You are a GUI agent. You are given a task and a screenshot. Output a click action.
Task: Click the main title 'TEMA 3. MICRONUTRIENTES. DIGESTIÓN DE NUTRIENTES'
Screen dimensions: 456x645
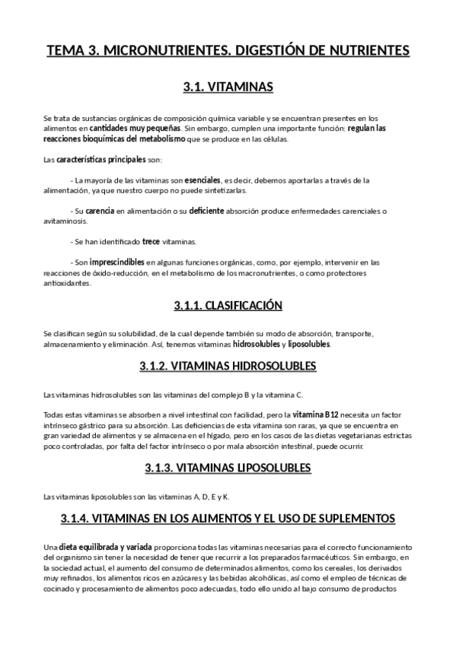pyautogui.click(x=228, y=51)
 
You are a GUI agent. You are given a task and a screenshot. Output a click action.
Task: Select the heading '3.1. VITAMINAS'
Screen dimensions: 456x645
pyautogui.click(x=228, y=87)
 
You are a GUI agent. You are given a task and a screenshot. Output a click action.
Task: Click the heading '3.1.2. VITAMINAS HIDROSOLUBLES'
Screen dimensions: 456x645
pyautogui.click(x=228, y=366)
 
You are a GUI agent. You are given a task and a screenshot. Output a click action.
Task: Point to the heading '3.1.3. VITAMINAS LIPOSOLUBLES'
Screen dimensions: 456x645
pyautogui.click(x=228, y=466)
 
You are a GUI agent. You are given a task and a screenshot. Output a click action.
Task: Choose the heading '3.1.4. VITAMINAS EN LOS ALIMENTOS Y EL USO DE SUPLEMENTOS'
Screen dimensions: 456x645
pyautogui.click(x=228, y=518)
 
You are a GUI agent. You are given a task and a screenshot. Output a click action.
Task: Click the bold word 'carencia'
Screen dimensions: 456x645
pyautogui.click(x=100, y=211)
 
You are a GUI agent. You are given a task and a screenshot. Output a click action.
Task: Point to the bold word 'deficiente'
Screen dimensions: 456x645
pyautogui.click(x=207, y=211)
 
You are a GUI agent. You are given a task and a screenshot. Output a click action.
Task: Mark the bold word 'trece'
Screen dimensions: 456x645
pyautogui.click(x=151, y=242)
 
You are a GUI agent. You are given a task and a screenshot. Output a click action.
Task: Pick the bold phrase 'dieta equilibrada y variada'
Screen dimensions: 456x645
pyautogui.click(x=106, y=548)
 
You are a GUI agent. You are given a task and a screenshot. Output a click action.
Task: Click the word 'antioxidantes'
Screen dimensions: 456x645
pyautogui.click(x=67, y=283)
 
